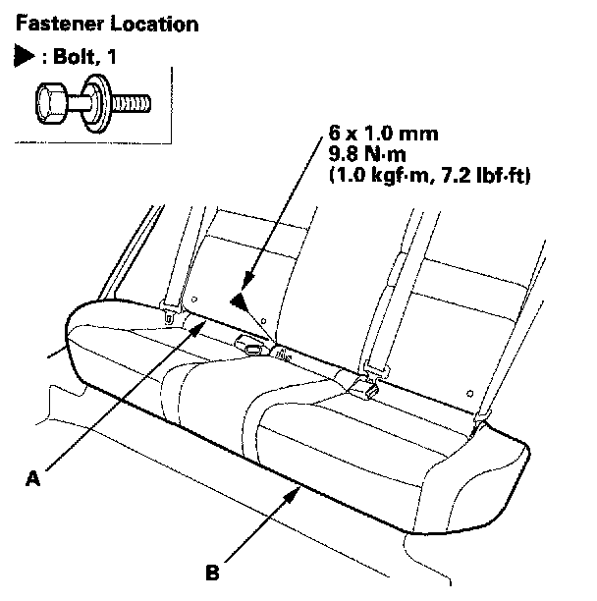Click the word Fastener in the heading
pyautogui.click(x=47, y=21)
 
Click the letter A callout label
pyautogui.click(x=33, y=477)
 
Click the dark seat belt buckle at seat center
pyautogui.click(x=251, y=346)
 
